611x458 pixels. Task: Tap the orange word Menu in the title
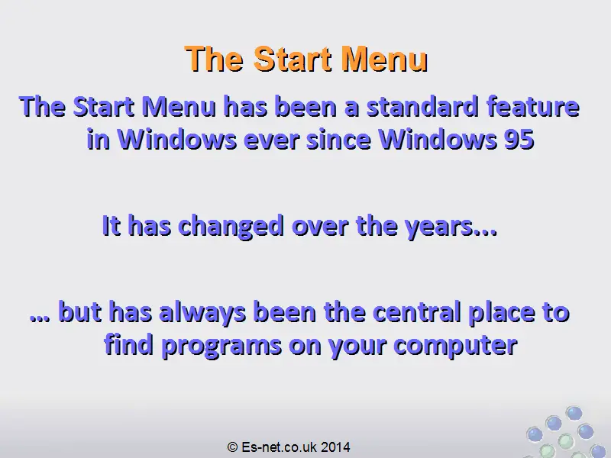click(x=384, y=60)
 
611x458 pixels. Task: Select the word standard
click(x=422, y=107)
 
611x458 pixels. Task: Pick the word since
click(x=338, y=139)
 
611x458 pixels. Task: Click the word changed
click(x=231, y=226)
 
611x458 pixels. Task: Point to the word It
click(x=112, y=225)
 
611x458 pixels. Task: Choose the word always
click(x=202, y=312)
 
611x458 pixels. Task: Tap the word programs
click(x=221, y=346)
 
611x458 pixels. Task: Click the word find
click(x=128, y=344)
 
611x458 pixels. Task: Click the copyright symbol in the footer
click(x=232, y=447)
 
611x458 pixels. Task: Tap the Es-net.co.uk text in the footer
click(x=279, y=447)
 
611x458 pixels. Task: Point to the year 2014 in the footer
click(x=335, y=447)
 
